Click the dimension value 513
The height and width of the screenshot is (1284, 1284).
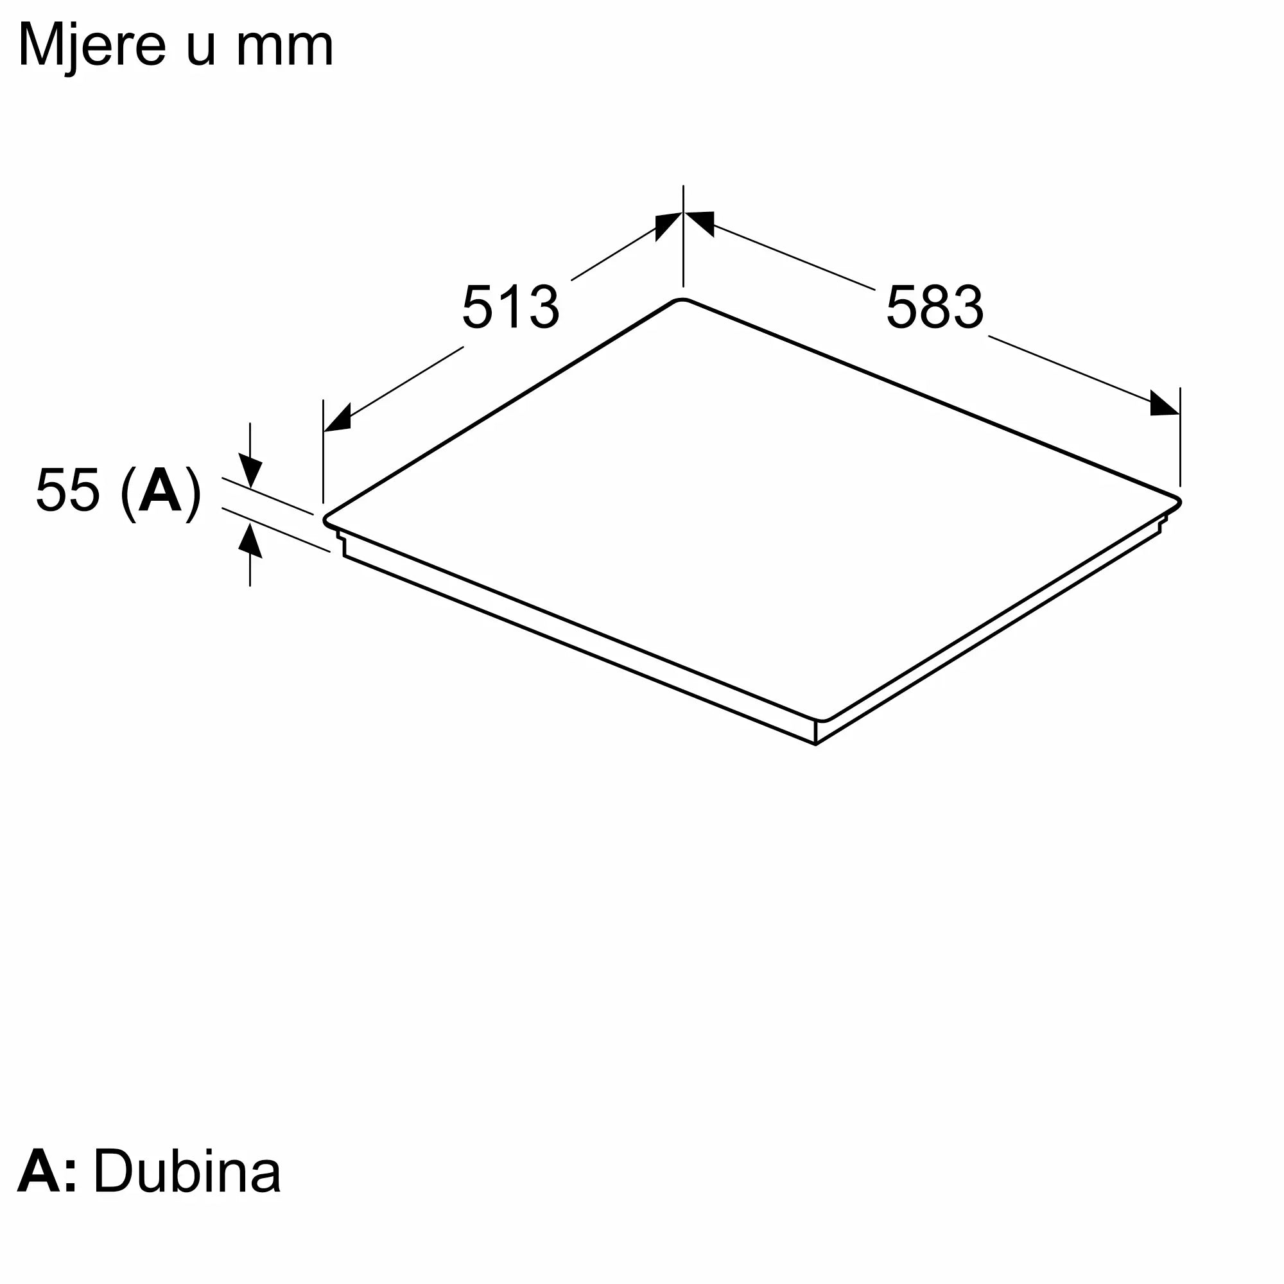tap(510, 307)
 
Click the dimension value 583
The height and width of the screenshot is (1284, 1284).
tap(934, 307)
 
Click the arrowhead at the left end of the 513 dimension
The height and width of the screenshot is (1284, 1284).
tap(337, 418)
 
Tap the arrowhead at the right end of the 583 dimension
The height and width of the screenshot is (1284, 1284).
tap(1165, 403)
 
